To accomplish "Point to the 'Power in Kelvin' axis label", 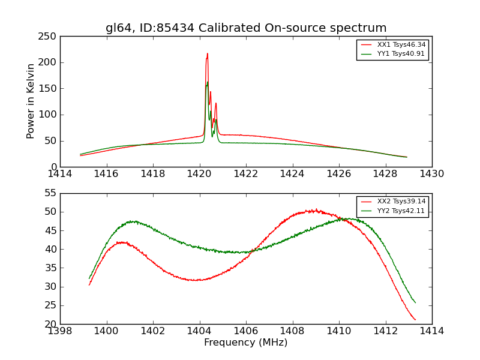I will (31, 101).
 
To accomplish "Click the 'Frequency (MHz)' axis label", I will (246, 343).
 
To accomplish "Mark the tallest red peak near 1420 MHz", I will (208, 53).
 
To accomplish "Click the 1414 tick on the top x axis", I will (60, 174).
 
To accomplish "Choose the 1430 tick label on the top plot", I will (432, 174).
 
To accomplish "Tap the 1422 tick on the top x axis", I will (246, 174).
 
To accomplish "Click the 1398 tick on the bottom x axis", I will (60, 331).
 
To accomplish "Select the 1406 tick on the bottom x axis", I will (246, 331).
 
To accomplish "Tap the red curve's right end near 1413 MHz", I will (415, 320).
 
